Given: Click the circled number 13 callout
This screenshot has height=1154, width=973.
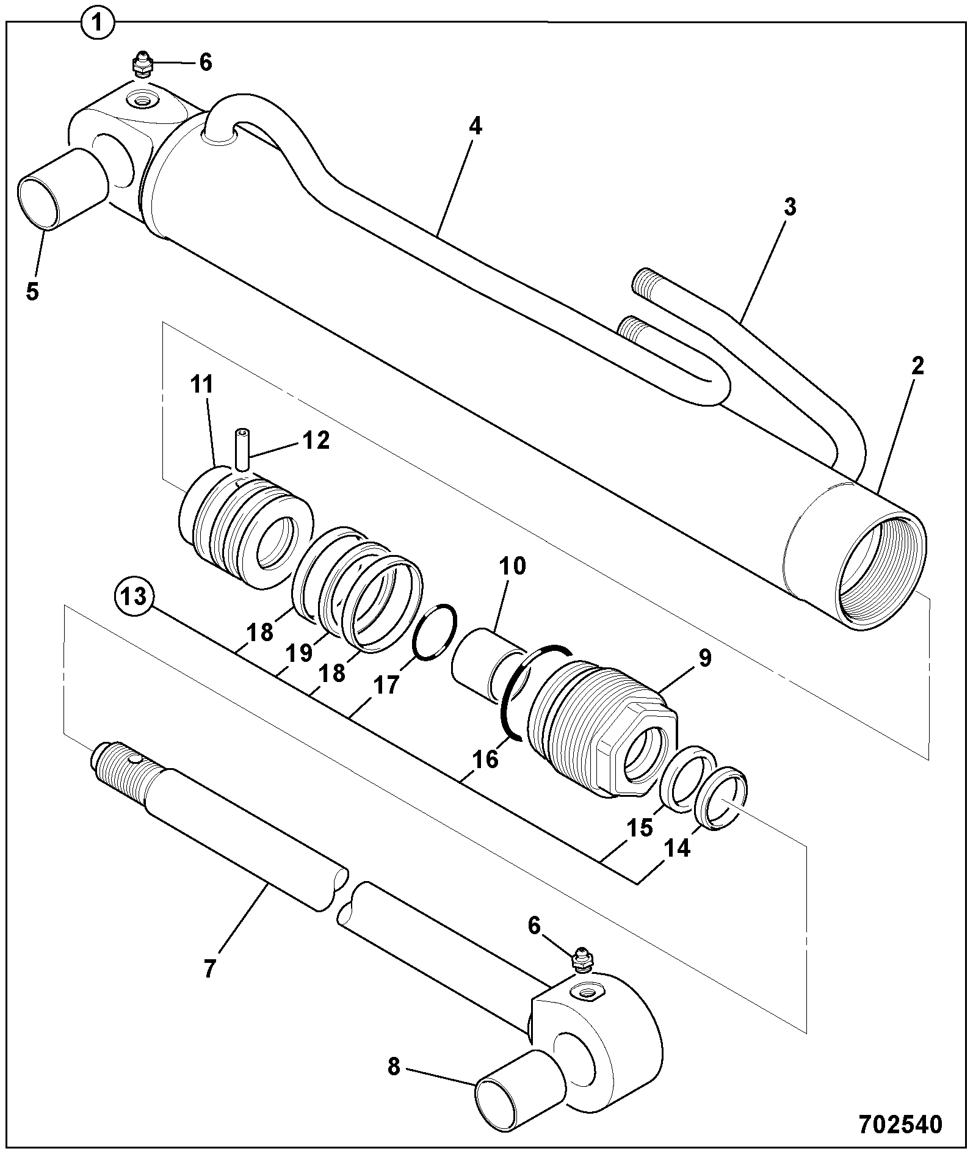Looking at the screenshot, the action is [x=134, y=597].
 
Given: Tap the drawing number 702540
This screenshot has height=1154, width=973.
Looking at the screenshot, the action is [x=900, y=1123].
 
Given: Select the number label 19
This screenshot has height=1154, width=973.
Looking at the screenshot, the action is [x=298, y=652].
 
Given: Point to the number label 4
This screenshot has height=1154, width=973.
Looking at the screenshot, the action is [x=475, y=126].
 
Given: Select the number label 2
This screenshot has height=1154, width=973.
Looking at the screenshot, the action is [x=917, y=366].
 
